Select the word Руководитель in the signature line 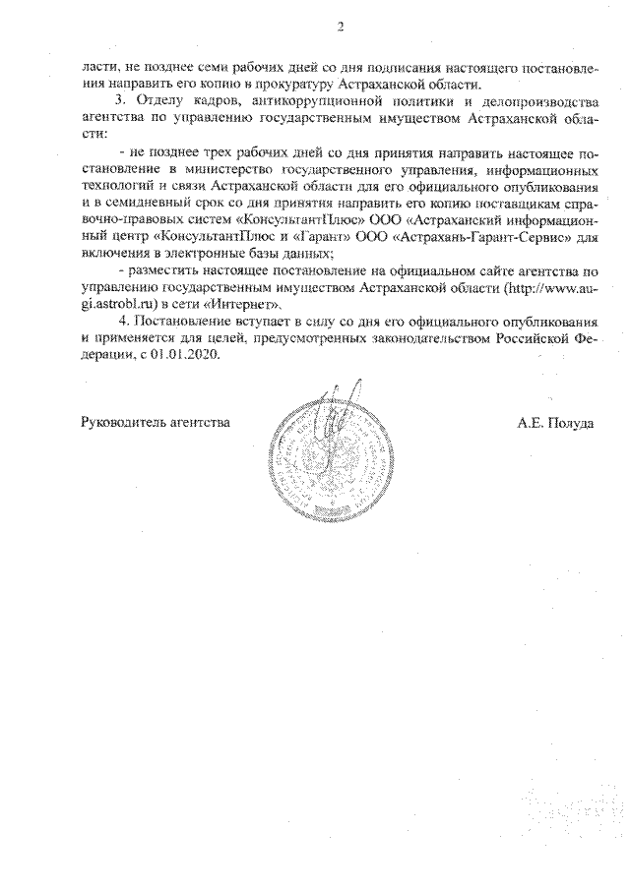coord(118,424)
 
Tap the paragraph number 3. coord(120,101)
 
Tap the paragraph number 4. coord(120,322)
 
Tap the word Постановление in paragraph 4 coord(179,322)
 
